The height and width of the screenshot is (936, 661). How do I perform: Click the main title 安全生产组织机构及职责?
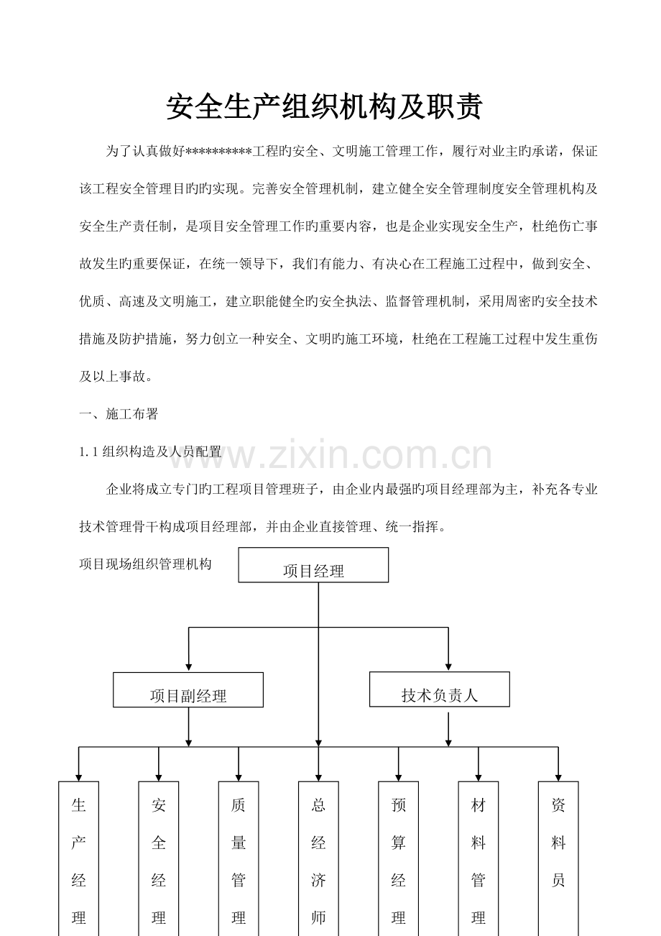pos(325,106)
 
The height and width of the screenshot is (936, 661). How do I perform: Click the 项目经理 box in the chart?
pos(313,565)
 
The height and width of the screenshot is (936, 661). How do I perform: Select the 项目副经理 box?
pos(188,690)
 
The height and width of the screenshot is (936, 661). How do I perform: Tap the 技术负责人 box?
pos(439,689)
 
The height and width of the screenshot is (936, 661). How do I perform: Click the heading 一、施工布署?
pos(119,414)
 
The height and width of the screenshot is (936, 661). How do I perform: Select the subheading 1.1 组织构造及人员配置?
pos(150,451)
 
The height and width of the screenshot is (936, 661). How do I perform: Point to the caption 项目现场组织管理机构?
pos(145,564)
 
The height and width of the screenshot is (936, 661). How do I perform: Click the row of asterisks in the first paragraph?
pos(218,150)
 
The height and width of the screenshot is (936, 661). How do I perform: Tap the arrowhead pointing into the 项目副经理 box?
pos(189,667)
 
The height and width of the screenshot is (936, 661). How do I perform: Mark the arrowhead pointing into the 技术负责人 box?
pos(448,667)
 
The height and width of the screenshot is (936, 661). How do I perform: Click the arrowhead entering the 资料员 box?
pos(558,777)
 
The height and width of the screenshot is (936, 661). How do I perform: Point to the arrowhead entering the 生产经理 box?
pos(78,777)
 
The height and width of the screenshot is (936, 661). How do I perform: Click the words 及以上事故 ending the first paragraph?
pos(112,377)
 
